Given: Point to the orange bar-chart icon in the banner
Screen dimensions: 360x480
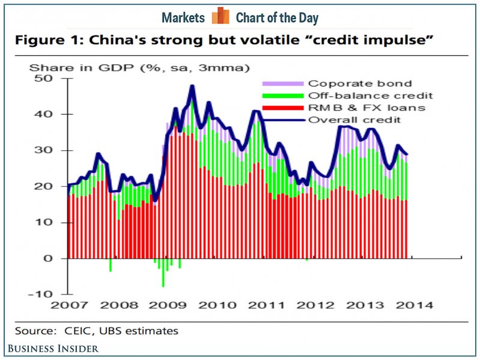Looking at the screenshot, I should [x=220, y=16].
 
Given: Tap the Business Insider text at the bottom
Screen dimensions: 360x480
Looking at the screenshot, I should [x=53, y=349].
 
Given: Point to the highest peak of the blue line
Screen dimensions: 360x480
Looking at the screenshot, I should [x=192, y=86].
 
